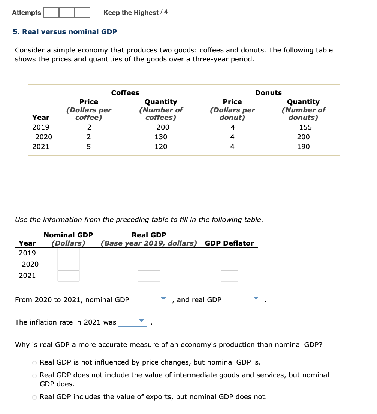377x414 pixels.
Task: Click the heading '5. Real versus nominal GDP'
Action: point(65,32)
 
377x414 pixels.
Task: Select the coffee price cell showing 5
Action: point(88,147)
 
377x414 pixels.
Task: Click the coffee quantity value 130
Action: point(161,137)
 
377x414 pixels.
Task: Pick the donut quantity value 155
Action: point(303,127)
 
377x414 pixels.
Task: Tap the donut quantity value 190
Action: point(303,147)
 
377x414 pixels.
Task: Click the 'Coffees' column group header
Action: point(125,93)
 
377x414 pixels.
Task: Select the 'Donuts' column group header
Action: point(268,93)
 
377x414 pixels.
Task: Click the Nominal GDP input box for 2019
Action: point(69,253)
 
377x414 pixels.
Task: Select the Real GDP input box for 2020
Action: point(149,265)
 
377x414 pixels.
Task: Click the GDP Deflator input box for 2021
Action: point(229,276)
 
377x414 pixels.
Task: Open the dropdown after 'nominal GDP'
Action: point(150,299)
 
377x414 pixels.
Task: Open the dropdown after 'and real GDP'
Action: point(242,299)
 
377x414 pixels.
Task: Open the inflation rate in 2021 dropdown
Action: point(133,322)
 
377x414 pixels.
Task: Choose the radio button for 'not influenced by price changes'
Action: point(34,363)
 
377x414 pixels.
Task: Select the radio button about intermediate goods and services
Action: point(34,375)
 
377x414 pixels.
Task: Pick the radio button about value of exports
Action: point(34,397)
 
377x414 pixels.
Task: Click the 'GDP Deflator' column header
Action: point(229,243)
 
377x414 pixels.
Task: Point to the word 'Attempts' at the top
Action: point(27,13)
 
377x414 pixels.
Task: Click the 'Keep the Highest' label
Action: point(131,13)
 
